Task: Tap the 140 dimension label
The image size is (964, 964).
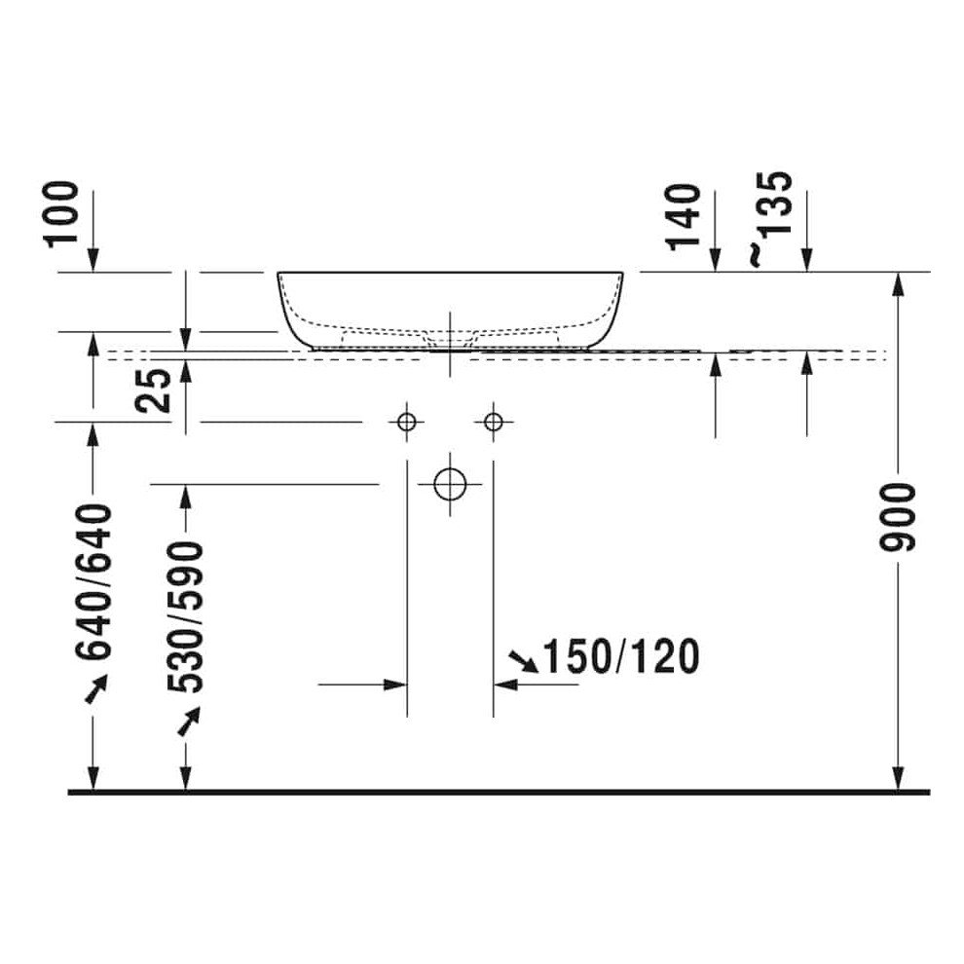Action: [x=686, y=216]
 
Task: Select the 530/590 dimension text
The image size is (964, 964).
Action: [x=185, y=615]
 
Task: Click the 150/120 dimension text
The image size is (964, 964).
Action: [x=621, y=658]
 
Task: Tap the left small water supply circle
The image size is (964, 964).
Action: [x=407, y=422]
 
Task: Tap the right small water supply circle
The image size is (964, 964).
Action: [x=493, y=422]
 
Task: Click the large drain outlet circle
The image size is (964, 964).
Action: [x=450, y=483]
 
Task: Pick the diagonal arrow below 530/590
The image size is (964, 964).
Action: [x=188, y=721]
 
